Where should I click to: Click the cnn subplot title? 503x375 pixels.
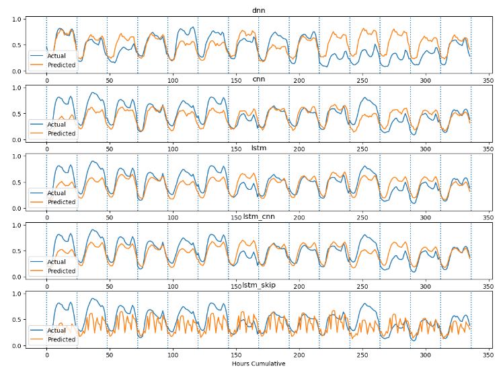click(x=258, y=79)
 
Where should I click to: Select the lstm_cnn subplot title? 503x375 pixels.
click(x=258, y=217)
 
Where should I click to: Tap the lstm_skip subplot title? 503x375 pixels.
click(x=258, y=285)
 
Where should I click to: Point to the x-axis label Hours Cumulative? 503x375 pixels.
click(x=258, y=364)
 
